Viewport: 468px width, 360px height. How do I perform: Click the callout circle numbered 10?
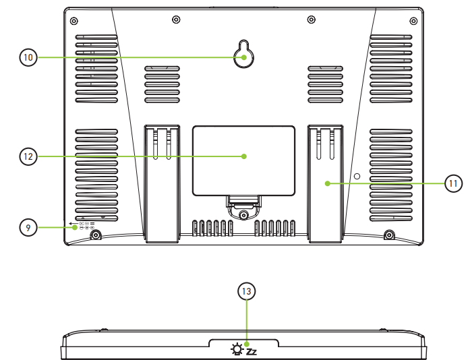(x=28, y=58)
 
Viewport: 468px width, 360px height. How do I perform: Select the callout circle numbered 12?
(x=28, y=156)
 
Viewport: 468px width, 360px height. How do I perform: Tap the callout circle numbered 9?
(x=28, y=228)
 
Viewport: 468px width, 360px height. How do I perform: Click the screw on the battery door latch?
(x=243, y=214)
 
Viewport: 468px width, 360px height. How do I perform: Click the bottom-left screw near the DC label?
(x=96, y=235)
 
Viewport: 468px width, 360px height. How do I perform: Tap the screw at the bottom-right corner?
(x=389, y=235)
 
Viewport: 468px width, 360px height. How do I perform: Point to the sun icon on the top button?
(x=236, y=349)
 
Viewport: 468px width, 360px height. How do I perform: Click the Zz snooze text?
(x=252, y=351)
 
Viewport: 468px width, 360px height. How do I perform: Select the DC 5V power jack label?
(x=82, y=225)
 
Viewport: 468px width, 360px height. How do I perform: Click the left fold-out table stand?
(x=162, y=182)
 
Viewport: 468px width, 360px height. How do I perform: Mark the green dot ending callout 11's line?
(x=326, y=183)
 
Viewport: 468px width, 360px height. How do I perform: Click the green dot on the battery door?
(x=243, y=156)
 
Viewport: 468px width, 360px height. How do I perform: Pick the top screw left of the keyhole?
(x=175, y=18)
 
